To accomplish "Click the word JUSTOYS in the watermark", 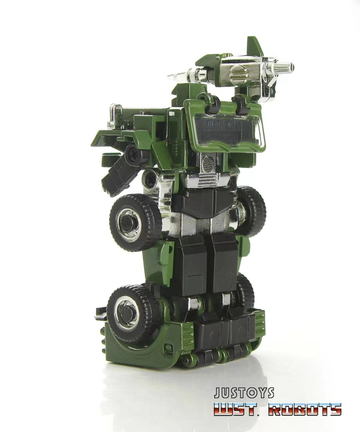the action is pos(244,393).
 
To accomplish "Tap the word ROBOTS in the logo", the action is pos(305,409).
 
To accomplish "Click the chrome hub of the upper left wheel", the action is pos(128,220).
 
